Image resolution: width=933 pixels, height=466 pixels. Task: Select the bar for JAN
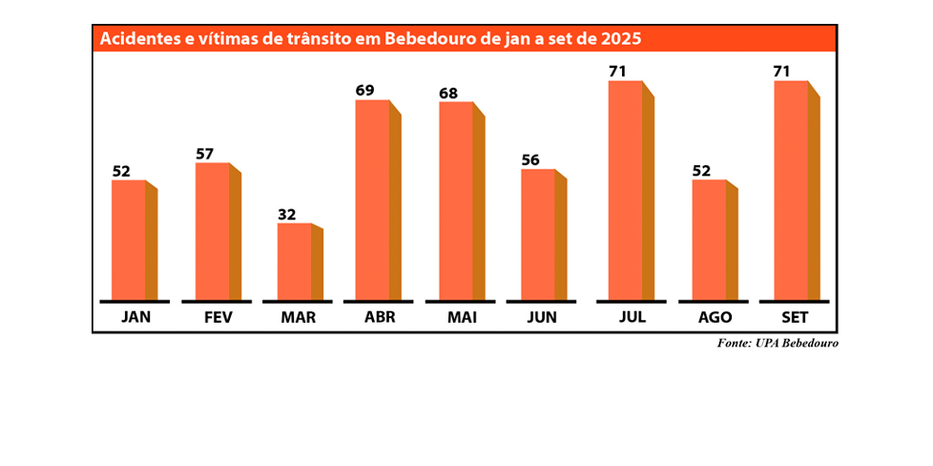tap(129, 240)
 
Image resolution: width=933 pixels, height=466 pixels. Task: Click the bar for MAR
tap(295, 262)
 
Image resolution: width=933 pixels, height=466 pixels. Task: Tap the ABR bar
tap(373, 200)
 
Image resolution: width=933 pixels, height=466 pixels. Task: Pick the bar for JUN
tap(539, 235)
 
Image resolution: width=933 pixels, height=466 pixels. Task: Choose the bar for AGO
tap(709, 240)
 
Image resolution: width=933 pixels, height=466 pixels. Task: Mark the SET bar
tap(791, 190)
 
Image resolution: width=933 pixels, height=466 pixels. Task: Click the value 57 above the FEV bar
tap(204, 153)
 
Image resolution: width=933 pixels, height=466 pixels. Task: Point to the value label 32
tap(287, 214)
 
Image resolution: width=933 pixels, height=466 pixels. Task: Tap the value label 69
tap(364, 91)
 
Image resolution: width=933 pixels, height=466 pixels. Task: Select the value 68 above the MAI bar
tap(447, 93)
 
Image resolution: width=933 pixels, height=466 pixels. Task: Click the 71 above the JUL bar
tap(617, 72)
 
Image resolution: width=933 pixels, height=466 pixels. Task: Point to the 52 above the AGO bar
tap(701, 171)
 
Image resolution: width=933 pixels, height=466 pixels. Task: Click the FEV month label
tap(218, 317)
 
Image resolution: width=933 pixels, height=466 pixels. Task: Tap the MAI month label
tap(462, 317)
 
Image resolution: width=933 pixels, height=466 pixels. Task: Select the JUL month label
tap(632, 317)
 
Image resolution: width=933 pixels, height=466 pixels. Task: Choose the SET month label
tap(797, 317)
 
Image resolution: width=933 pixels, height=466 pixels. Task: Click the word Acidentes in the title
tap(139, 39)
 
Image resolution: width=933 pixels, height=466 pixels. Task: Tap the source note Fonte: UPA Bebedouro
tap(777, 343)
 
